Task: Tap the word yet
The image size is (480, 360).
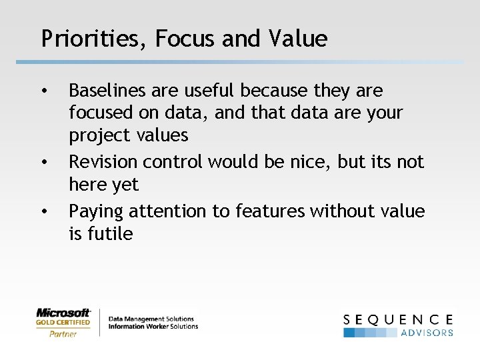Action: [x=126, y=185]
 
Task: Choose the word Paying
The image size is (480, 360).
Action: [x=96, y=211]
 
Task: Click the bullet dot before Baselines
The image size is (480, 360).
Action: [x=44, y=90]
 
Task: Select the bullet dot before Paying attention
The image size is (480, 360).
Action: [x=44, y=211]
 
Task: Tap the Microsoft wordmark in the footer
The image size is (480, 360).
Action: [x=63, y=312]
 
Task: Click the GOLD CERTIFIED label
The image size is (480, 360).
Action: [x=63, y=323]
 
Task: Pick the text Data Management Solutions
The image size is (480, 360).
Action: [x=151, y=319]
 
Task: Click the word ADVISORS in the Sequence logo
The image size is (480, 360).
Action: [x=427, y=332]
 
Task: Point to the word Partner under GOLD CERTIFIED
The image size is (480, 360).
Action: [x=63, y=333]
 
